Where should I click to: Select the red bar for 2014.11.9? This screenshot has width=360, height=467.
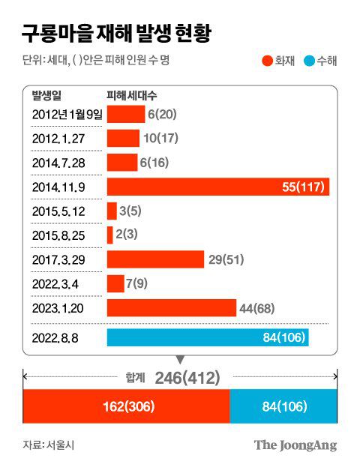(217, 187)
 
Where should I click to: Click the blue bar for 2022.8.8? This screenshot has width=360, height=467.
(208, 337)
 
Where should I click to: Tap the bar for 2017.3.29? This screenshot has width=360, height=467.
(155, 259)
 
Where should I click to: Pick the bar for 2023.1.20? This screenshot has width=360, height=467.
(172, 308)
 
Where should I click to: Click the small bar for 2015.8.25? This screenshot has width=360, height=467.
(110, 235)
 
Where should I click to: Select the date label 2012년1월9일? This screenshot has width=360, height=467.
(64, 114)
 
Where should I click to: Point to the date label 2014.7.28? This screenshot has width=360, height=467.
(58, 163)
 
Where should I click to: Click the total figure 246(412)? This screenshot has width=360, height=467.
(187, 378)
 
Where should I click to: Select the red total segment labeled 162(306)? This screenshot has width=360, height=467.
(126, 407)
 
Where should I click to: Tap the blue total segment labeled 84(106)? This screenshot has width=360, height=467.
(283, 407)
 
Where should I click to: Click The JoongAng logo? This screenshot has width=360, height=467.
(295, 445)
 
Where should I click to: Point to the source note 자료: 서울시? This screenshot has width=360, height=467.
(49, 445)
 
